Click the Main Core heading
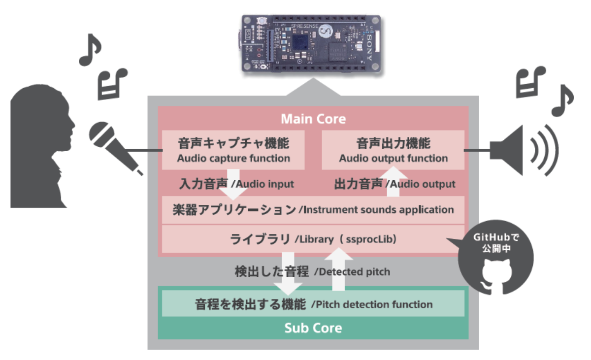tap(313, 119)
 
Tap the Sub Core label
tap(313, 328)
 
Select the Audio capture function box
tap(233, 150)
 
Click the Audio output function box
tap(393, 150)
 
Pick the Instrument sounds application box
tap(313, 210)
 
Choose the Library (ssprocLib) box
tap(313, 240)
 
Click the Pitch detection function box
tap(313, 304)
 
